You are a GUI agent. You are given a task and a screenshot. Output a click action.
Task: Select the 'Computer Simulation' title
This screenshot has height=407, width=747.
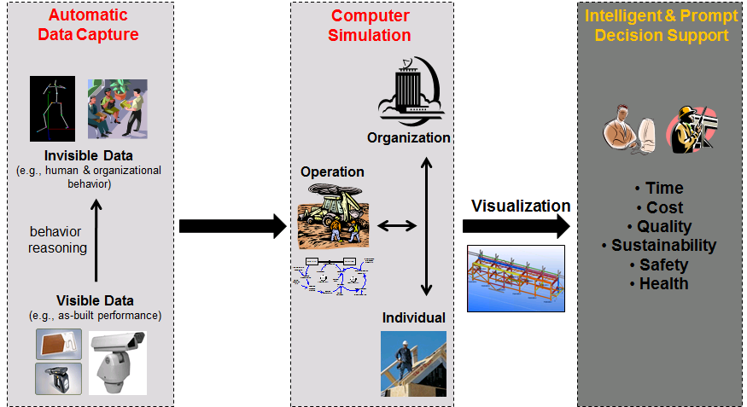pos(371,26)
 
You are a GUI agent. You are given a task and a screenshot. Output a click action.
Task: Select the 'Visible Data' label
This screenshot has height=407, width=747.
pos(95,300)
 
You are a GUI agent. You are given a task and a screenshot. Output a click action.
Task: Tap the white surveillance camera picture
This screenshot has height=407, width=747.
pos(118,362)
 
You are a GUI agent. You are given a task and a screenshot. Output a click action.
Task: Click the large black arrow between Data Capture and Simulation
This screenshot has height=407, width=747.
pos(232,226)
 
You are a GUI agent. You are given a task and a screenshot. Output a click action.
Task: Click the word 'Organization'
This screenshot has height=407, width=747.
pos(409,137)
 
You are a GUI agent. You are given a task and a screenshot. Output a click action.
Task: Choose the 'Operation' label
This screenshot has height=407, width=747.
pos(332,172)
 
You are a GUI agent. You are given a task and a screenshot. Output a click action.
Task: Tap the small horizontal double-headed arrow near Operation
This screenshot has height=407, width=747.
pos(396,226)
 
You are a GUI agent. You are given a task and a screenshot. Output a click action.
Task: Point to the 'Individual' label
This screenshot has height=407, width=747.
pos(413,317)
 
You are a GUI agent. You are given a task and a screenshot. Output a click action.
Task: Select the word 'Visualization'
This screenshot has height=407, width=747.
pos(521,206)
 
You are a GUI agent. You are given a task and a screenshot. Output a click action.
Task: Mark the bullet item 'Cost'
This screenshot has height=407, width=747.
pos(659,207)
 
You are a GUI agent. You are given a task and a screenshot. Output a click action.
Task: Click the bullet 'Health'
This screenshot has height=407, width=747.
pos(659,283)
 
